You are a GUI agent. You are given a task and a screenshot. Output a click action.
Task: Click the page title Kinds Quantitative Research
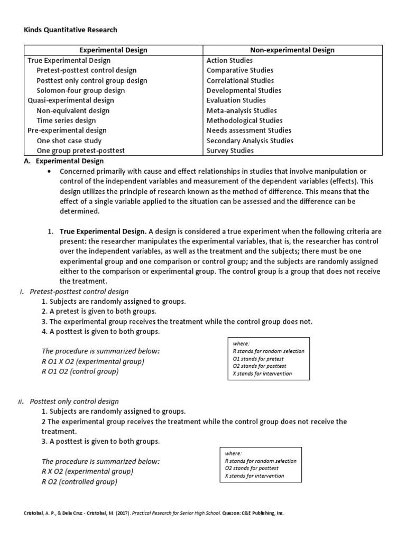71,30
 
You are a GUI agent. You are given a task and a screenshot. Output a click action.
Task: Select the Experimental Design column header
113,50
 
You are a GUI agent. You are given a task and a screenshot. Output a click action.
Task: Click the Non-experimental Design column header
292,50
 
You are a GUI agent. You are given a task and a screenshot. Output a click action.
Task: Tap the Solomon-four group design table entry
81,90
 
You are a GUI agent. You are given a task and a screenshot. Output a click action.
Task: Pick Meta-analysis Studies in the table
241,110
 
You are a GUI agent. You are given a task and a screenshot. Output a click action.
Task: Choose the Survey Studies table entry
230,151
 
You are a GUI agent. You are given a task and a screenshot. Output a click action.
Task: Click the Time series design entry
66,120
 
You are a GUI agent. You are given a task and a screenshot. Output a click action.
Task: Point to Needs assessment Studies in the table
249,130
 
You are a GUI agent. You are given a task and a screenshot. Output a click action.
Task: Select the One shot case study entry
69,141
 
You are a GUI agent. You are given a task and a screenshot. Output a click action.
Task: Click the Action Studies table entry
229,60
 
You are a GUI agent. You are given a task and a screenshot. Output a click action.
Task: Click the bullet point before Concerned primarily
49,172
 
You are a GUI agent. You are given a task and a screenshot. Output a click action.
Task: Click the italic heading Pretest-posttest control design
79,292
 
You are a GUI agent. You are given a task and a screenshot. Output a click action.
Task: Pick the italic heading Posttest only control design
75,402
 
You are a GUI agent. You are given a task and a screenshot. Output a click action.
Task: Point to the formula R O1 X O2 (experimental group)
93,361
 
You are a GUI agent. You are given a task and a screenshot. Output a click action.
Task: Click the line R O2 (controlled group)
79,481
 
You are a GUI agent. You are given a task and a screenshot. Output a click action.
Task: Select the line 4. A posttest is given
100,332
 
